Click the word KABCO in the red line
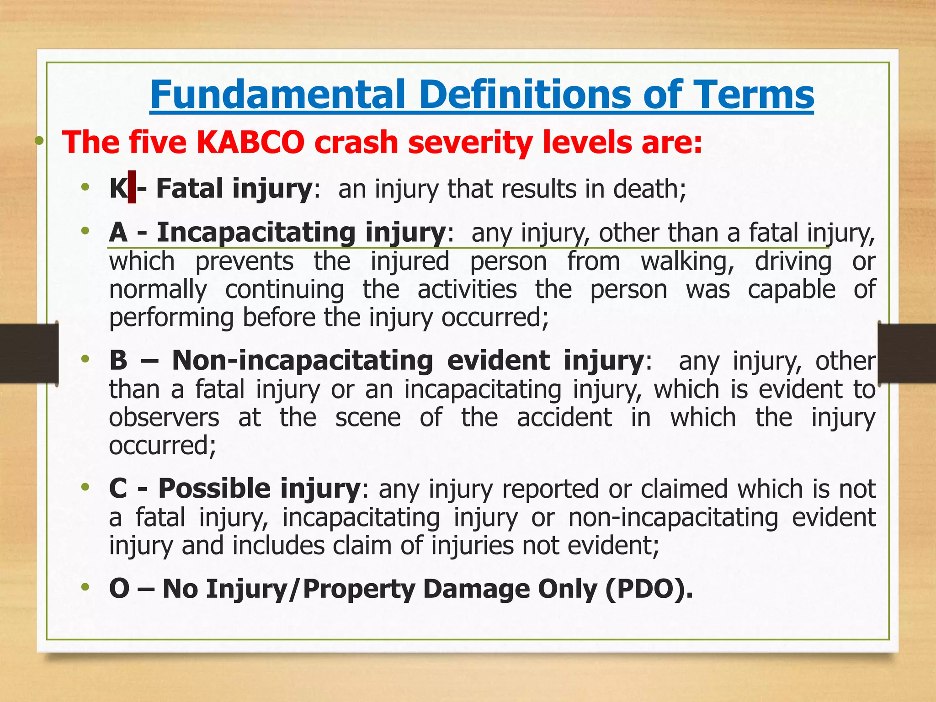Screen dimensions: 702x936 (x=250, y=142)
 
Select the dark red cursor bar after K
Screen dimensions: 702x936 (x=132, y=187)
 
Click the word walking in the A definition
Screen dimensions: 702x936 (x=687, y=261)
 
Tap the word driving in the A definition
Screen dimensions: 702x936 (x=793, y=261)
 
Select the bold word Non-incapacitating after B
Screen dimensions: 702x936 (x=302, y=360)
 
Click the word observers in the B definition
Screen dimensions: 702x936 (x=164, y=417)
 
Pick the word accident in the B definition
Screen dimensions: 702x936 (x=564, y=417)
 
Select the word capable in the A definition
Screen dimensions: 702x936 (x=792, y=290)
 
